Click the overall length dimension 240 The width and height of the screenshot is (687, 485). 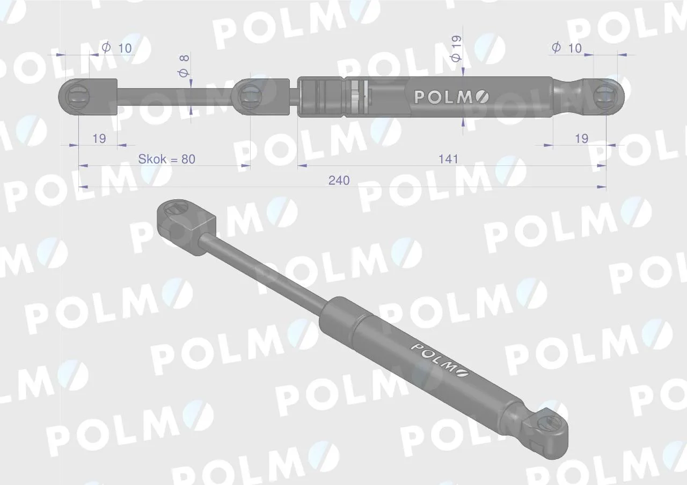point(339,180)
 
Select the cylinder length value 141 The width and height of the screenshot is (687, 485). point(448,160)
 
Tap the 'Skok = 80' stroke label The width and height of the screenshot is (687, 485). point(166,159)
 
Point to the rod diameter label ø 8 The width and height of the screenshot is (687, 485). point(184,66)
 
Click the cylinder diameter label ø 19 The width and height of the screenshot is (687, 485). point(456,49)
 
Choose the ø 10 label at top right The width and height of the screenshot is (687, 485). point(567,48)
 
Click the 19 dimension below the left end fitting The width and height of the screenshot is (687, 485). point(99,139)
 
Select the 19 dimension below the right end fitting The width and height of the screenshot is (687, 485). point(581,139)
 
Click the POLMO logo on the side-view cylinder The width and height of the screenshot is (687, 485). point(451,97)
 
